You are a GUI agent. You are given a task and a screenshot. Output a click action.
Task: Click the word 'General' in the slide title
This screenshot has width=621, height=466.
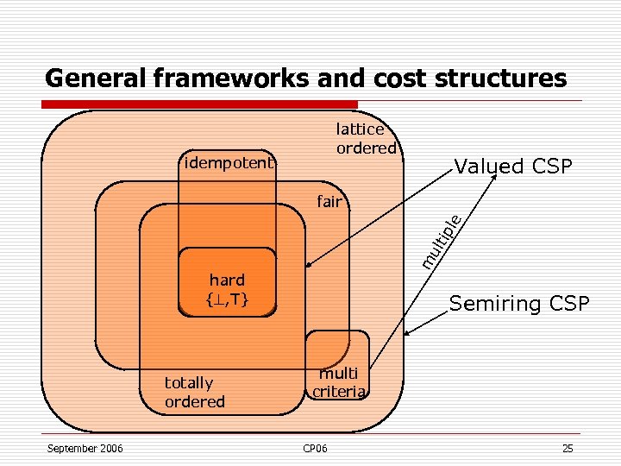[96, 79]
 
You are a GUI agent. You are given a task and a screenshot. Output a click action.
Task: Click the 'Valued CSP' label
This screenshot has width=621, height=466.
[513, 167]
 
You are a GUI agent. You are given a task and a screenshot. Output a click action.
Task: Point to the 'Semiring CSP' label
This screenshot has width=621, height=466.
[519, 304]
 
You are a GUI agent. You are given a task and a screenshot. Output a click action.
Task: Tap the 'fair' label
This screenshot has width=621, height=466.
[329, 203]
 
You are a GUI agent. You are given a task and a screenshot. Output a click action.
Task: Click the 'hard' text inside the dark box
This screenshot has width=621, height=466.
[227, 280]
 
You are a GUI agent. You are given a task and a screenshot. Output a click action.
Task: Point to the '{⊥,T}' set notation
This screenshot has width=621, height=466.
[227, 299]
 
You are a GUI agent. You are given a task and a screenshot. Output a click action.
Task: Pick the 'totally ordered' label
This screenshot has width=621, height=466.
[195, 392]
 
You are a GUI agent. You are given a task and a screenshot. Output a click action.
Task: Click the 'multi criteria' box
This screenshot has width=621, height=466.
[339, 381]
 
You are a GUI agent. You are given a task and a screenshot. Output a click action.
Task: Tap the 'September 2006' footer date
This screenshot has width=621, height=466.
[85, 448]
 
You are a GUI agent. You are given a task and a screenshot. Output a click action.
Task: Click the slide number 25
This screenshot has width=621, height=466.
[567, 448]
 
